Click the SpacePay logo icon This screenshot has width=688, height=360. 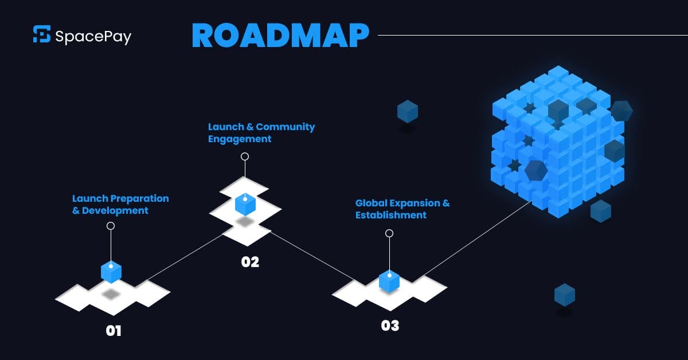pyautogui.click(x=42, y=34)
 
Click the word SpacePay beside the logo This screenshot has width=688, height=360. pyautogui.click(x=93, y=37)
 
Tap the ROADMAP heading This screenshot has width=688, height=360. pyautogui.click(x=280, y=35)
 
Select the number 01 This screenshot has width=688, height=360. pyautogui.click(x=114, y=331)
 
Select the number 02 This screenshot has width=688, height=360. pyautogui.click(x=250, y=262)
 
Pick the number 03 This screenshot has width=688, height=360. pyautogui.click(x=390, y=326)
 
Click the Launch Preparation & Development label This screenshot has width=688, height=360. pyautogui.click(x=120, y=205)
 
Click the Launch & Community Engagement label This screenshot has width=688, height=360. pyautogui.click(x=261, y=133)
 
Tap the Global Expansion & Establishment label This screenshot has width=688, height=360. pyautogui.click(x=402, y=209)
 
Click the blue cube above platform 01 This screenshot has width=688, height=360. pyautogui.click(x=111, y=271)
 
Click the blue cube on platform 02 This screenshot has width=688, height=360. pyautogui.click(x=245, y=204)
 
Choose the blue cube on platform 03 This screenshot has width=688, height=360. pyautogui.click(x=389, y=281)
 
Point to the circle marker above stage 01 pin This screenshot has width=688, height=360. pyautogui.click(x=111, y=226)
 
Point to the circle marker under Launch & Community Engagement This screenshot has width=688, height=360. pyautogui.click(x=245, y=156)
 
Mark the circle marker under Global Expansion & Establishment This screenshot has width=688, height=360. pyautogui.click(x=389, y=233)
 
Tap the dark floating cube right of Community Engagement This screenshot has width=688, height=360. pyautogui.click(x=408, y=111)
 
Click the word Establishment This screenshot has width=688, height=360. pyautogui.click(x=391, y=216)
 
